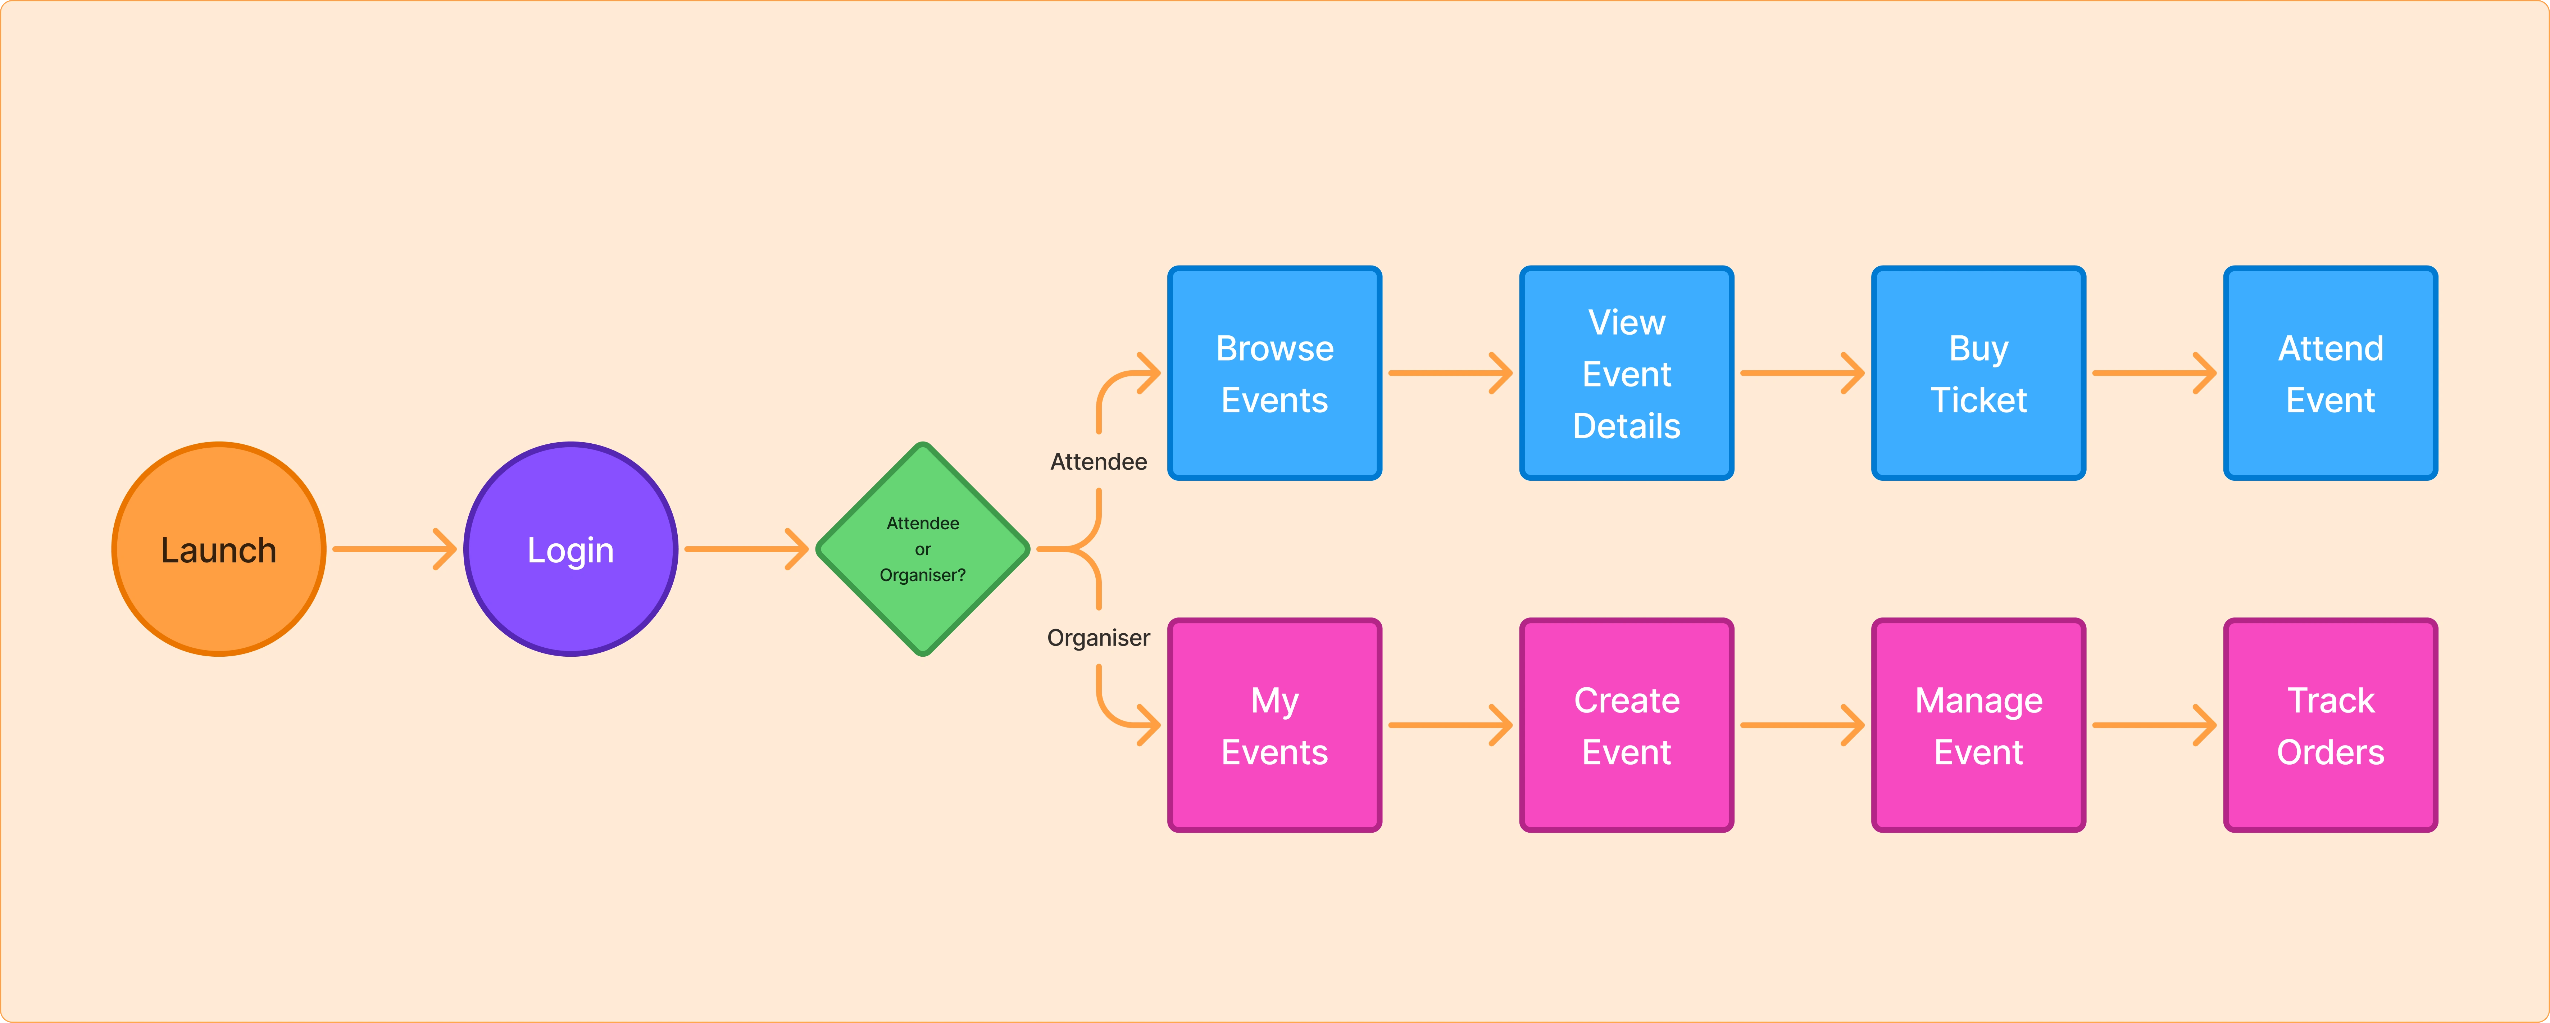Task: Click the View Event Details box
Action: [x=1626, y=374]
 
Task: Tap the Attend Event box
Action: [x=2330, y=374]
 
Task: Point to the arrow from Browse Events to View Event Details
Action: [x=1450, y=374]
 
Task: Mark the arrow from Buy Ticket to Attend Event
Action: [x=2154, y=374]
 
